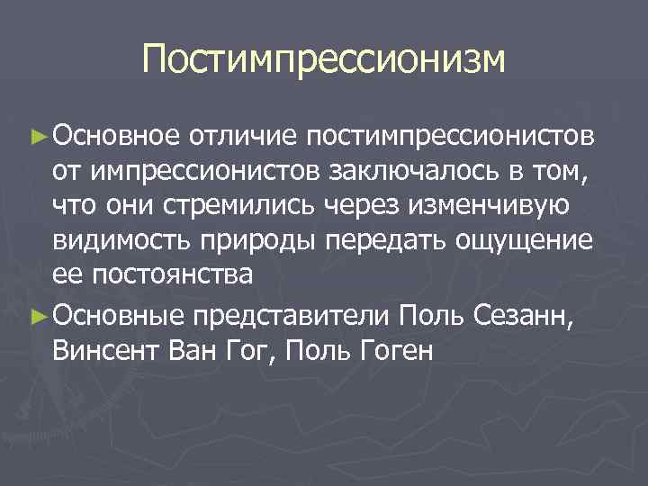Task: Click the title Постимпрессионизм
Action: coord(324,60)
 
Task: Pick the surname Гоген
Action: coord(395,348)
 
